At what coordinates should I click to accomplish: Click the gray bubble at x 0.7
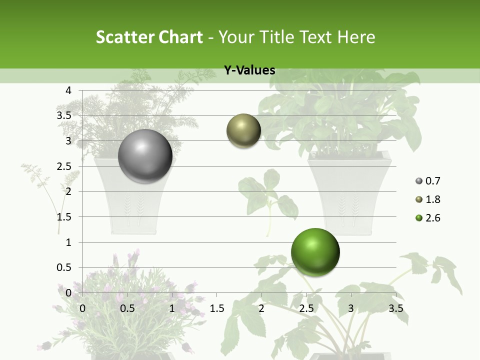point(145,156)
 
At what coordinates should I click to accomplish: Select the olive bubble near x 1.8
point(243,131)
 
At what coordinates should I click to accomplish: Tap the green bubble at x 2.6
point(315,252)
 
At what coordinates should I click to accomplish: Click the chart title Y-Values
point(249,70)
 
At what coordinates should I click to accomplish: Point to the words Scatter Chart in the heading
point(149,37)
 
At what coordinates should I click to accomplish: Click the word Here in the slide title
point(356,37)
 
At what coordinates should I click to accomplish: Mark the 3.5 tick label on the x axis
point(395,308)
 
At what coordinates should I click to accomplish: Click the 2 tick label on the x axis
point(261,308)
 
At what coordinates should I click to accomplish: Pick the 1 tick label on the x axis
point(172,308)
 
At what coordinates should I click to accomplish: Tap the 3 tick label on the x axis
point(350,308)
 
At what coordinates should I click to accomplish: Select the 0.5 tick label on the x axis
point(127,308)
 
